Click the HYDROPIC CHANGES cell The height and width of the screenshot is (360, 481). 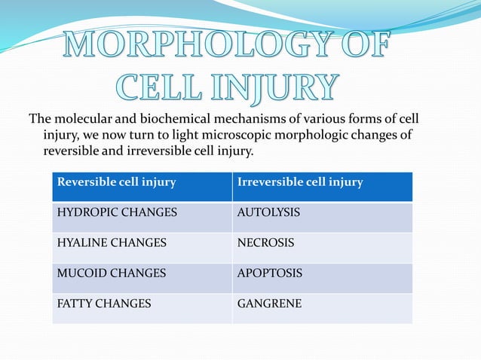(118, 213)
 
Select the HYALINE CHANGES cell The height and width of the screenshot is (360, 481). (112, 243)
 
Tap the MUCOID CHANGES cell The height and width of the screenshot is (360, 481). (112, 273)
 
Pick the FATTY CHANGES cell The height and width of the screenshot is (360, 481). (104, 304)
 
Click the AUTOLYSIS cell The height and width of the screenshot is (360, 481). (268, 213)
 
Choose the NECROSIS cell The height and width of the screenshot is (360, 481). (265, 243)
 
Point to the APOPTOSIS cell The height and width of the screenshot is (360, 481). (270, 273)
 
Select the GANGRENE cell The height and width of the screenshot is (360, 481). (269, 304)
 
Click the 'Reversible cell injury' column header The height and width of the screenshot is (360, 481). (117, 182)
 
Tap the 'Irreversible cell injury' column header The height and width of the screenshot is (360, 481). (300, 182)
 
